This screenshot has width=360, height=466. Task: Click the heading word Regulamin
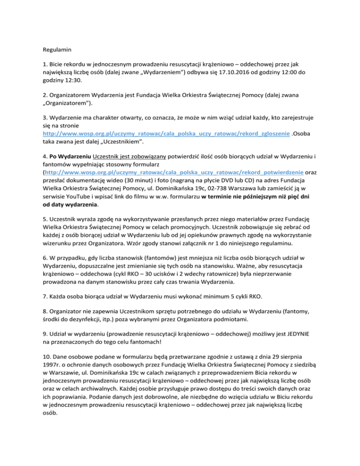point(57,47)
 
